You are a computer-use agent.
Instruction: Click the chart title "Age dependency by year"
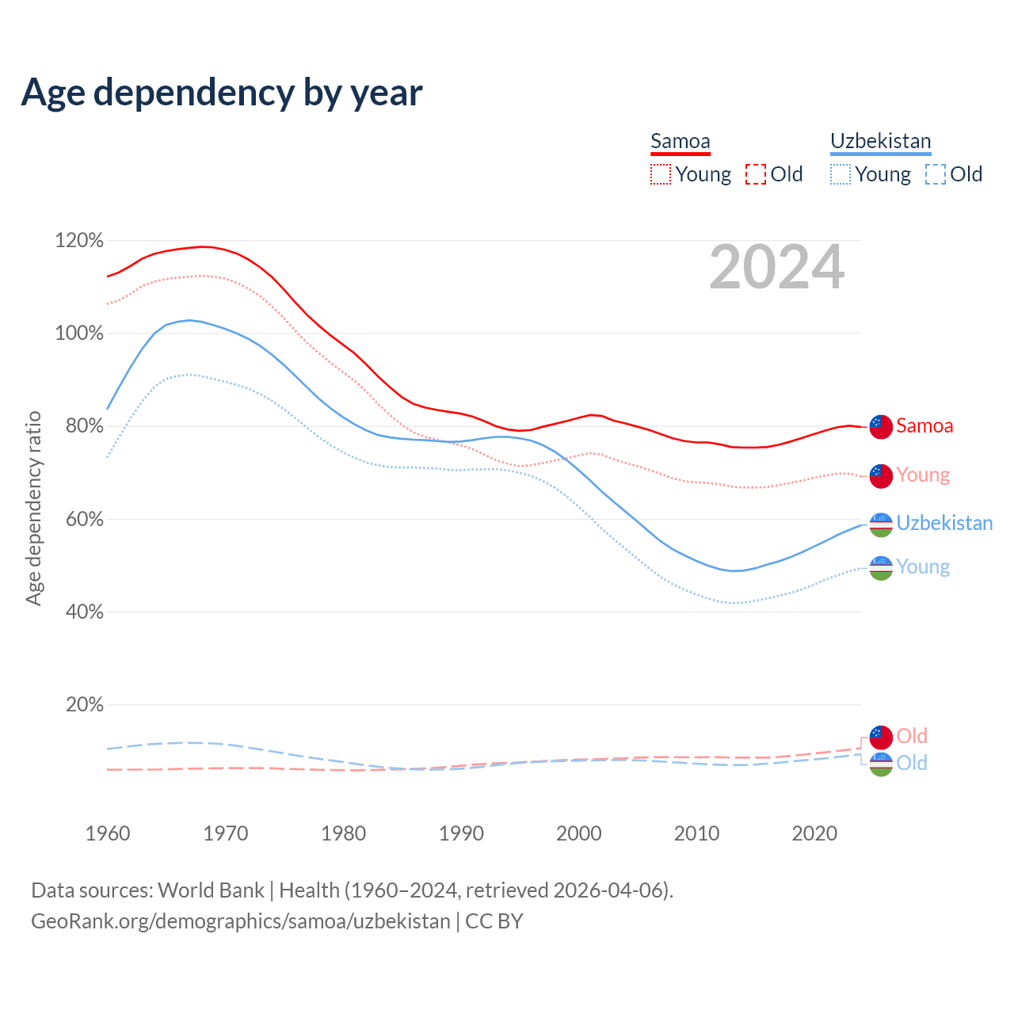(222, 93)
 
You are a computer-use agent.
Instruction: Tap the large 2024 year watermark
(776, 267)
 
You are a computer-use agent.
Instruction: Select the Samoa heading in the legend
(680, 141)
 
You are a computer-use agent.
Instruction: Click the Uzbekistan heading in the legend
(880, 141)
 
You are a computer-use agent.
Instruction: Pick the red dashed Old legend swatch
(756, 174)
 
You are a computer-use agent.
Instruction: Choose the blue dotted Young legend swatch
(841, 174)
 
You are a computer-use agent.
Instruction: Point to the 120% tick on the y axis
(79, 240)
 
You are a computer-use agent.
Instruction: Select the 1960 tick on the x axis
(108, 833)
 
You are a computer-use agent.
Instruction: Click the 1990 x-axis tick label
(461, 833)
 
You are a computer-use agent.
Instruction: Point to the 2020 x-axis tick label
(814, 833)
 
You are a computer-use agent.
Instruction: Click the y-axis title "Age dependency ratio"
(33, 508)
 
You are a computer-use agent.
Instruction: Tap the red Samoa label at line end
(924, 426)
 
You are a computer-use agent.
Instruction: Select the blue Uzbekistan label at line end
(944, 524)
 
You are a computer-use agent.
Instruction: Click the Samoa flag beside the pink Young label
(881, 475)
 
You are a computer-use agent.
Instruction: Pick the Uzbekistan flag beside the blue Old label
(881, 764)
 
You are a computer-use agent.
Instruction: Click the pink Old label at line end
(912, 736)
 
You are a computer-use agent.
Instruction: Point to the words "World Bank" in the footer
(211, 890)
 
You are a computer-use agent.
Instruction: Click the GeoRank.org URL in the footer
(240, 921)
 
